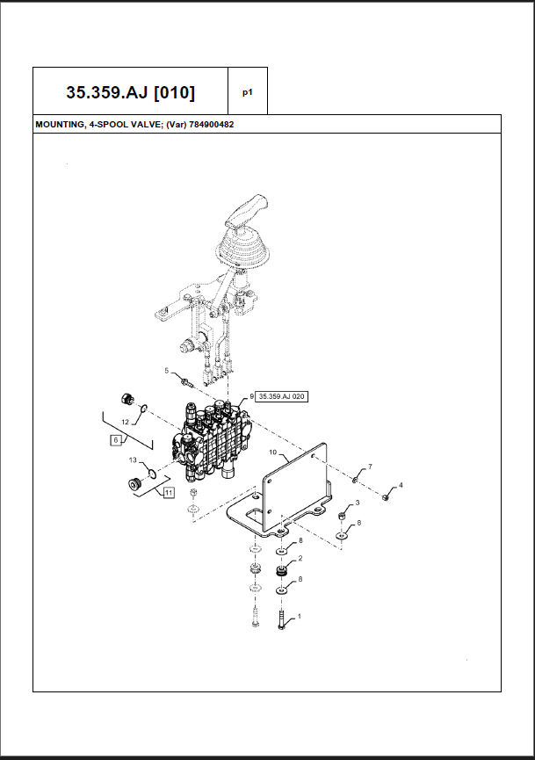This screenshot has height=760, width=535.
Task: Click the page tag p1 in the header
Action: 248,91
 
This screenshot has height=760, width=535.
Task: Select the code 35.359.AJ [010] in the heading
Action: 131,91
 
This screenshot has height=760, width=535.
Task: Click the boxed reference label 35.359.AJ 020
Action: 282,396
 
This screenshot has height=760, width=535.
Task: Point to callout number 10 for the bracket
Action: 272,453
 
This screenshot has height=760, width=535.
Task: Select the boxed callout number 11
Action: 168,492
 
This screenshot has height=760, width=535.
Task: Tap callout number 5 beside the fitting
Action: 166,372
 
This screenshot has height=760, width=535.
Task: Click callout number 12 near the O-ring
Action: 125,423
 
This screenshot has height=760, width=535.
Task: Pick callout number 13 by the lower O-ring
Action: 132,460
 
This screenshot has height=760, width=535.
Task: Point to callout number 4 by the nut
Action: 401,485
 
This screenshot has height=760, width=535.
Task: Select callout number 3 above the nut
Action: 357,503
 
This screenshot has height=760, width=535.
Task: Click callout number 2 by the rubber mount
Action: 300,558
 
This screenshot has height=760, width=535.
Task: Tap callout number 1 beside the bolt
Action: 300,617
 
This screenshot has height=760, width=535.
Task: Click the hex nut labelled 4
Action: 387,499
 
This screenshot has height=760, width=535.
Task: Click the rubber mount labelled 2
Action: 281,572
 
